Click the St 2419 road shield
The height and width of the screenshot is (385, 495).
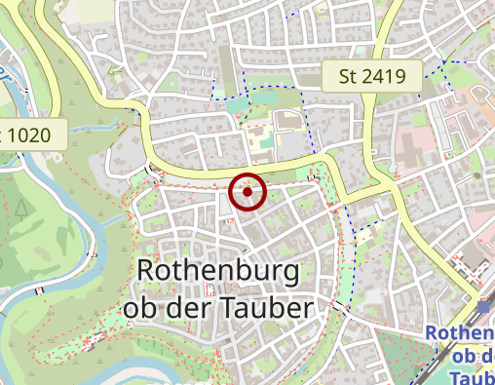(371, 75)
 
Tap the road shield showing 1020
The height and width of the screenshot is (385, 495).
(33, 135)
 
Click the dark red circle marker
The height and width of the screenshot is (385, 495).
(248, 191)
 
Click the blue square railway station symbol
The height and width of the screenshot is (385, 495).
(484, 307)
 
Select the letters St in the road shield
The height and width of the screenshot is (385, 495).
(349, 75)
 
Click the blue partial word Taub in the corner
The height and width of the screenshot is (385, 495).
(474, 376)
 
